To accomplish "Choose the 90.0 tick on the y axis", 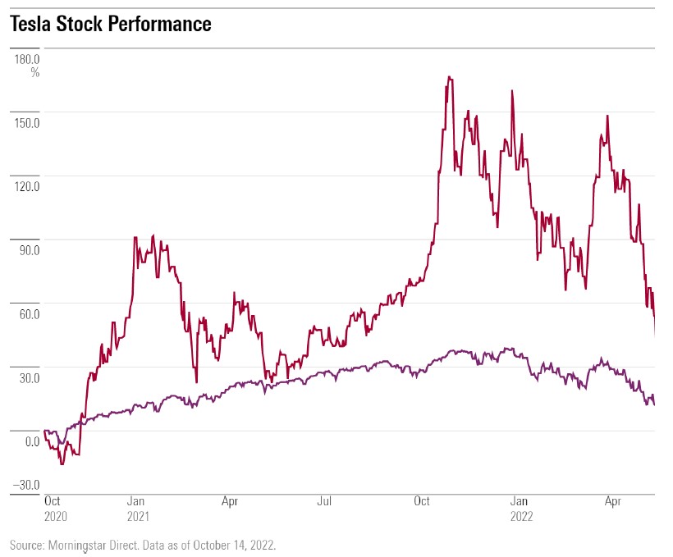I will click(29, 250).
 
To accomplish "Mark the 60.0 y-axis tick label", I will click(29, 314).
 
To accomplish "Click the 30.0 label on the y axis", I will click(29, 378).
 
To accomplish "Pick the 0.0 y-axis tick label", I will click(32, 442).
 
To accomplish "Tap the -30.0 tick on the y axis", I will click(26, 484).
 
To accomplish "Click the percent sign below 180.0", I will click(35, 72).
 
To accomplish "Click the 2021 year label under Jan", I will click(139, 517).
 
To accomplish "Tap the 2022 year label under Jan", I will click(522, 517).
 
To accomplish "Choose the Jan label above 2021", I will click(137, 500).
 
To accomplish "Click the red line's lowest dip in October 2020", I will click(62, 465).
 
